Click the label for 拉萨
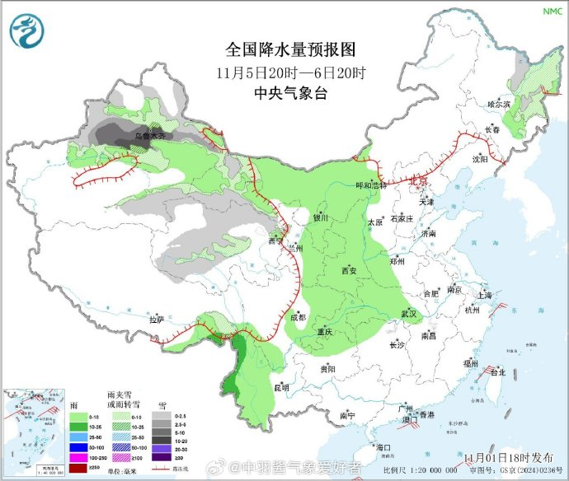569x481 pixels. click(157, 320)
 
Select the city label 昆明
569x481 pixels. click(282, 385)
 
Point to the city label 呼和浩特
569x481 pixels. click(372, 185)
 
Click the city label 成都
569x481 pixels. click(298, 317)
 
